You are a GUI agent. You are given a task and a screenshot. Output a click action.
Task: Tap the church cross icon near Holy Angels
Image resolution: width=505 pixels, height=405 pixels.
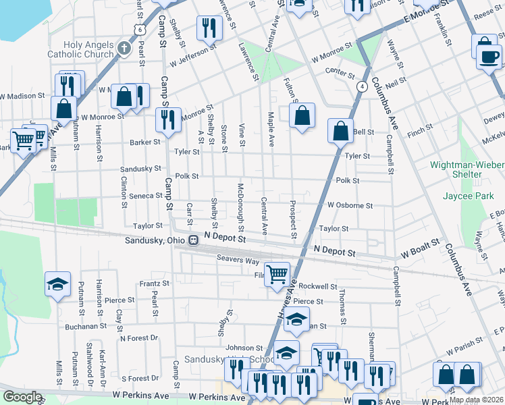123,48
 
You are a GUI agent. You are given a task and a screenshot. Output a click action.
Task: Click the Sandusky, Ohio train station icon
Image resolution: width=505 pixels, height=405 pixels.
193,240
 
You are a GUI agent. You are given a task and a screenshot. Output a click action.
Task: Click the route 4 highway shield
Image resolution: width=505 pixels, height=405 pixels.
363,86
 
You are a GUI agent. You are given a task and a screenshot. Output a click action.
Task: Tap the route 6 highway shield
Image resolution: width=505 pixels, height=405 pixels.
139,29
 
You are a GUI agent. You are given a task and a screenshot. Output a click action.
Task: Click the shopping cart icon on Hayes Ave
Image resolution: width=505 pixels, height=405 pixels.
277,273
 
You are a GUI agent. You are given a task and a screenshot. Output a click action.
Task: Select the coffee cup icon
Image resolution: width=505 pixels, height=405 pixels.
487,57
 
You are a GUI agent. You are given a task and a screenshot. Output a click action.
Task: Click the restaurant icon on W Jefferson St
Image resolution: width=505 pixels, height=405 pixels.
209,28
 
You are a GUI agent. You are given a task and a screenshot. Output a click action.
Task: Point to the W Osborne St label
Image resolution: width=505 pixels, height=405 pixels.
350,205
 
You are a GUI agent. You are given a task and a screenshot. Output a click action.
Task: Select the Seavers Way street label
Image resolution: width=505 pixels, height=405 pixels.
238,260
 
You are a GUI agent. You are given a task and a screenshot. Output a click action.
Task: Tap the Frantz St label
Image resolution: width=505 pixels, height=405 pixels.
154,284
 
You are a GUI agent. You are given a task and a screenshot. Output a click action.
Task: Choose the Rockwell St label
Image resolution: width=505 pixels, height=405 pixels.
317,286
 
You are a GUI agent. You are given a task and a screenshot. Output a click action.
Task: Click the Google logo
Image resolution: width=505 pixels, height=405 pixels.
22,397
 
